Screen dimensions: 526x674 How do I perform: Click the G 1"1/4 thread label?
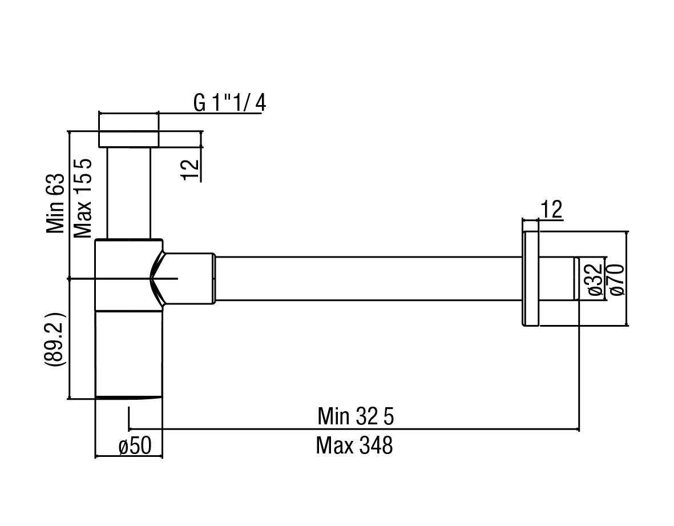[x=229, y=103]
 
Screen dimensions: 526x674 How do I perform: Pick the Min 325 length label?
[x=356, y=416]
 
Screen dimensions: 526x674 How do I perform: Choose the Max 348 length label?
[x=354, y=445]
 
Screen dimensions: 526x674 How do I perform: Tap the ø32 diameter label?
[x=594, y=279]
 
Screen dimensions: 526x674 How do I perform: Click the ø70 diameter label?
[x=617, y=279]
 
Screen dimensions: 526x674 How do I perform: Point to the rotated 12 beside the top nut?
[x=192, y=170]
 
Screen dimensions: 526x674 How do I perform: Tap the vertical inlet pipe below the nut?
[x=129, y=192]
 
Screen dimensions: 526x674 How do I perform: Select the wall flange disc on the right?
[x=531, y=279]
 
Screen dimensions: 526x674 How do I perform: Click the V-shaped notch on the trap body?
[x=158, y=279]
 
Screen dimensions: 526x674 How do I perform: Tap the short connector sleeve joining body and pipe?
[x=188, y=278]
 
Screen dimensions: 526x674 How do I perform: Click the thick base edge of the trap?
[x=129, y=397]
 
